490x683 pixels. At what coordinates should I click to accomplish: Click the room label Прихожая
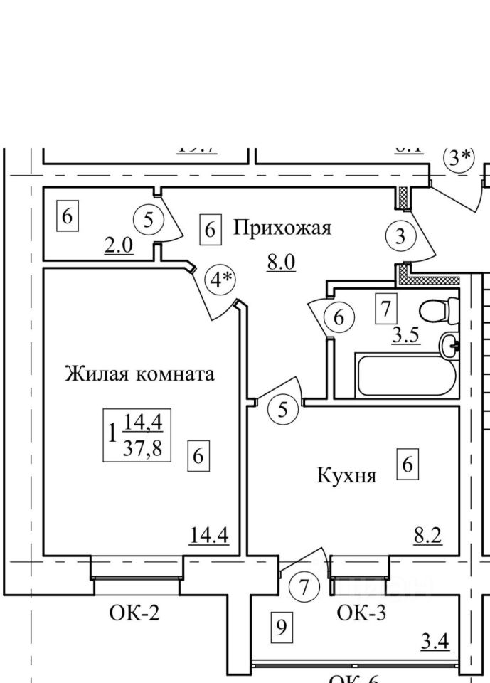coord(282,228)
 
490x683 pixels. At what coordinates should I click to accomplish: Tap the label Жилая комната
coord(139,374)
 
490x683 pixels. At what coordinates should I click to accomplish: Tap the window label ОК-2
coord(134,613)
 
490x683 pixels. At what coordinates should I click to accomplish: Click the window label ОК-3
coord(361,613)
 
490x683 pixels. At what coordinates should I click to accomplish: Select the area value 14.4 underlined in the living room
coord(209,534)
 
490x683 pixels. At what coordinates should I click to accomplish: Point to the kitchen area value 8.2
coord(427,534)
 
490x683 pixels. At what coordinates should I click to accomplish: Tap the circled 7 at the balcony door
coord(305,588)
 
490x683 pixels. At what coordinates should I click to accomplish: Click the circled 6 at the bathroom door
coord(339,318)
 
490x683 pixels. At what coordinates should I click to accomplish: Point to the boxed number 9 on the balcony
coord(282,628)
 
